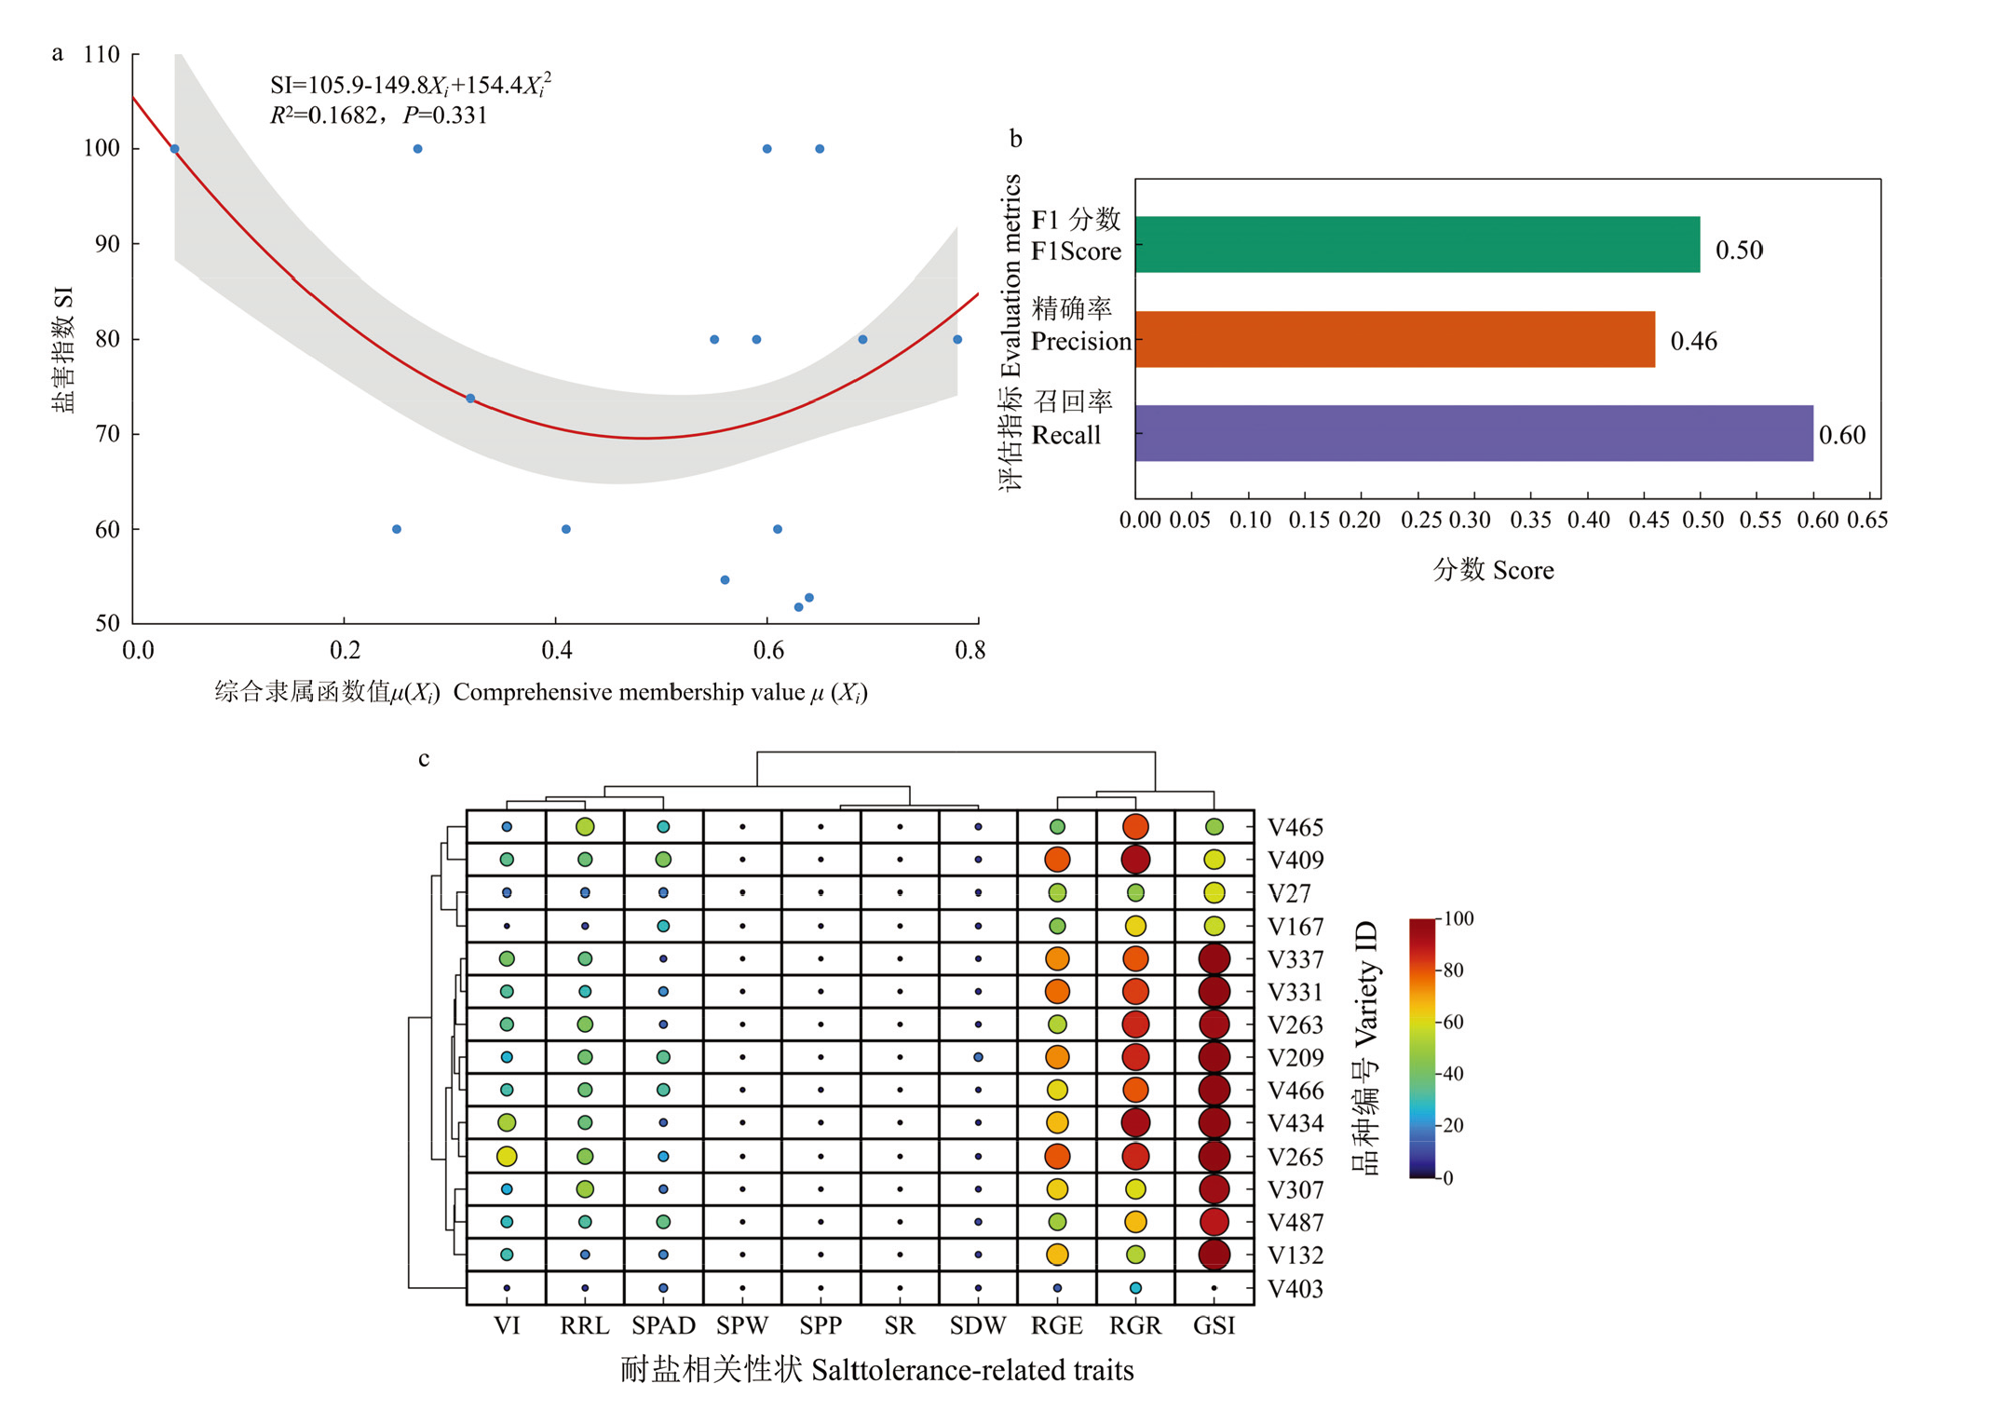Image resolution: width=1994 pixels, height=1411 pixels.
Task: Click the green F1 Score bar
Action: point(1416,244)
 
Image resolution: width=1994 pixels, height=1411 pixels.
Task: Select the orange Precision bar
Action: point(1394,339)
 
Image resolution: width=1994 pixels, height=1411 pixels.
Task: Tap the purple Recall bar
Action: point(1472,433)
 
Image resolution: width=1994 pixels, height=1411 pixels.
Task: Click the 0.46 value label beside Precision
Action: point(1692,341)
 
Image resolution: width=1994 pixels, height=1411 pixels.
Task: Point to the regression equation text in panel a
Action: point(410,86)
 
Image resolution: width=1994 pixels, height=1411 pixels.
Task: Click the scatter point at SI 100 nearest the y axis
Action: point(174,149)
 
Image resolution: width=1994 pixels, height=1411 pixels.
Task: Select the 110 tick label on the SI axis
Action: point(102,54)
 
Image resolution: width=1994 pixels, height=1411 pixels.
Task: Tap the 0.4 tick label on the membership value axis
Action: point(556,649)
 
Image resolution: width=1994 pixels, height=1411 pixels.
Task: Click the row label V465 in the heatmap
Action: point(1295,827)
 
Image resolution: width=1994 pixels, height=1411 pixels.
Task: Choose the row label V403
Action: point(1295,1288)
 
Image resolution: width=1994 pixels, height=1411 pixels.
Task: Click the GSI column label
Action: point(1214,1324)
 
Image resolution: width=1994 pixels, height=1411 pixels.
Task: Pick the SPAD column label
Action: point(663,1324)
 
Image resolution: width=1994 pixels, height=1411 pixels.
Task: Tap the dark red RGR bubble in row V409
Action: point(1135,859)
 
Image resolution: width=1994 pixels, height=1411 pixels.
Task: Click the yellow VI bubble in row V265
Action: point(507,1156)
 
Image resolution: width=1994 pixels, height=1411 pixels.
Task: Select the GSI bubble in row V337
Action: point(1214,958)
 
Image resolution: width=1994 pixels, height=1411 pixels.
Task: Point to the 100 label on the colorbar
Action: point(1458,918)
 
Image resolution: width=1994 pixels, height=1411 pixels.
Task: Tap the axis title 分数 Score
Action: point(1493,569)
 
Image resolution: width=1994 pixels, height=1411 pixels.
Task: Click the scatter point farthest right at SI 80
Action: point(956,339)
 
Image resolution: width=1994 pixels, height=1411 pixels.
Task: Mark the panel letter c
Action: point(424,758)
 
